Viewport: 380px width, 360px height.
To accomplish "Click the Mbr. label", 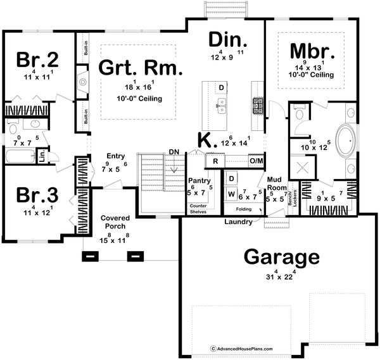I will [309, 51].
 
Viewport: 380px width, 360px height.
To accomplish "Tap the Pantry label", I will [201, 180].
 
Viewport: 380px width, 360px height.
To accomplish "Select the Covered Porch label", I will [115, 222].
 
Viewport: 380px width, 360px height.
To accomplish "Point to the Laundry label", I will [239, 221].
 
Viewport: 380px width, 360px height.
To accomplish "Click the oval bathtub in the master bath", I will [346, 142].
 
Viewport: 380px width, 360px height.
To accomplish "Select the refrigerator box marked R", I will [215, 161].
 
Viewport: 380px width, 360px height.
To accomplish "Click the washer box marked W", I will [231, 192].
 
